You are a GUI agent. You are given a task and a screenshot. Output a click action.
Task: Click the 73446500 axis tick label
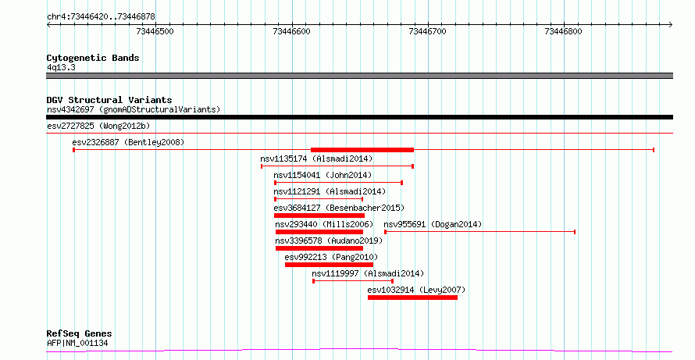point(155,31)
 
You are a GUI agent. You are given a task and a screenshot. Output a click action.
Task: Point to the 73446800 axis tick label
point(563,31)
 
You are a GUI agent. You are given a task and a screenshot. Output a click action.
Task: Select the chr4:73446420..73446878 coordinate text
point(101,17)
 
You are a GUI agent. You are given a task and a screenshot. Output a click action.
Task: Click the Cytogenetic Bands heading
point(93,58)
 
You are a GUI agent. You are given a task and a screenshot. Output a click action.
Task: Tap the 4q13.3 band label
point(61,67)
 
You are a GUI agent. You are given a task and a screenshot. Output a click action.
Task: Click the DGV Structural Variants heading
point(109,100)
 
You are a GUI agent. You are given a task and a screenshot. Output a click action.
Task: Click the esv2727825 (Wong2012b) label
point(98,126)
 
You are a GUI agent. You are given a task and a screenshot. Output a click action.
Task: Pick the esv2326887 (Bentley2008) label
point(128,142)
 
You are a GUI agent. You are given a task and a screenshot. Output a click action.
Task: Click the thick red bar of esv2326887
point(362,150)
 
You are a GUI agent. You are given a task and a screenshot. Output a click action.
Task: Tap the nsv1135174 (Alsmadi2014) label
point(316,159)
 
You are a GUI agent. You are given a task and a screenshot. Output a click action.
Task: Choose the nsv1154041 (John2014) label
point(323,175)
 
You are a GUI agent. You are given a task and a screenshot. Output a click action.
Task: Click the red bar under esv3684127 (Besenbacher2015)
point(319,216)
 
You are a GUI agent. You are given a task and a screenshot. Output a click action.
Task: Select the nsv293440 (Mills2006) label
point(324,224)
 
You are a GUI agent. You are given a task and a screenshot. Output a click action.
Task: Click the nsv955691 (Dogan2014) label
point(433,224)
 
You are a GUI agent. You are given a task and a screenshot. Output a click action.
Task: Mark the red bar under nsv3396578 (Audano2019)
point(319,248)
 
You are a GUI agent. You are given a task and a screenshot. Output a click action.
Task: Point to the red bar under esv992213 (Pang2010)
point(329,265)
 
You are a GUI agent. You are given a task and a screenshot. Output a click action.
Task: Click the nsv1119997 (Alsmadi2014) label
point(368,273)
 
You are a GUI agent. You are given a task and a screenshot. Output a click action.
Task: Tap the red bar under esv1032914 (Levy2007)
point(412,298)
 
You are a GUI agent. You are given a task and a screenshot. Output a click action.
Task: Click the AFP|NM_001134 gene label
point(77,343)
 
